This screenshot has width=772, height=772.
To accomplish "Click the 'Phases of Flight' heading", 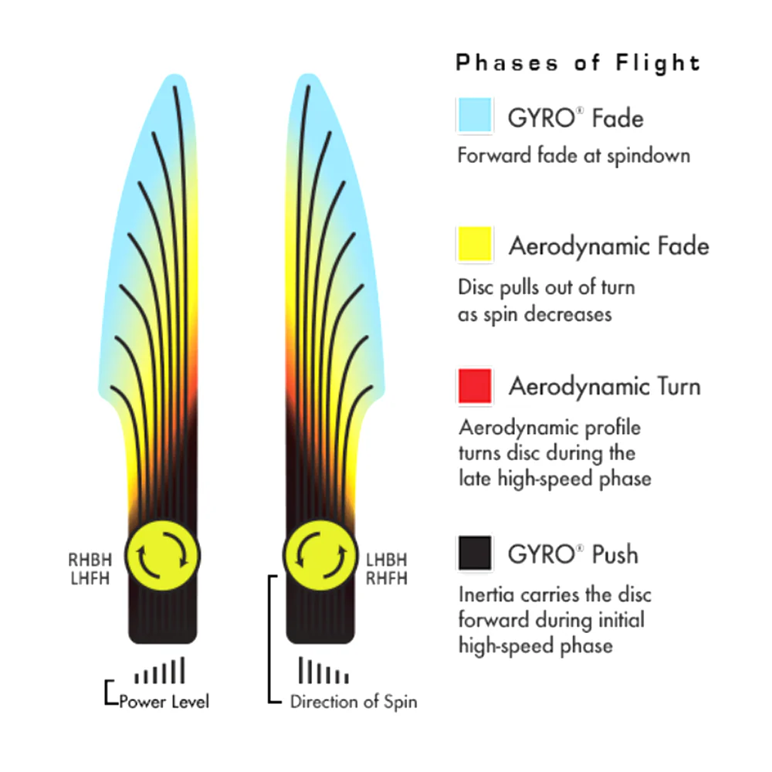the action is (578, 63).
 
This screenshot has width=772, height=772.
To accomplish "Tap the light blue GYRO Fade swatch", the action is (475, 116).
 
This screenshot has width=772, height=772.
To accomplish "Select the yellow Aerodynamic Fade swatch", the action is (475, 244).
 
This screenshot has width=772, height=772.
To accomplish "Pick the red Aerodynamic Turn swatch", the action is (475, 386).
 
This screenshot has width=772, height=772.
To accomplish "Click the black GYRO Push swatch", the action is (475, 553).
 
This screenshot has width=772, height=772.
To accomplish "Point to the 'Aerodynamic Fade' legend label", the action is (609, 245).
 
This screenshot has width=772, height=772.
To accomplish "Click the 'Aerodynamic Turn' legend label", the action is (604, 386).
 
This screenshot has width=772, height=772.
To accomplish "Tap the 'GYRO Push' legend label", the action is (573, 554).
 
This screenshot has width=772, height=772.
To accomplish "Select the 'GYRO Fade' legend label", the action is (576, 118).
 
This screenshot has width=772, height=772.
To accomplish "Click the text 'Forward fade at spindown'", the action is (574, 156).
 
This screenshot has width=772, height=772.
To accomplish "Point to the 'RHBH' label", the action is (90, 560).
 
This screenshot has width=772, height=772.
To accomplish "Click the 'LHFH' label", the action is (90, 578).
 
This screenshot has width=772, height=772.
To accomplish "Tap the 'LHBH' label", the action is (387, 560).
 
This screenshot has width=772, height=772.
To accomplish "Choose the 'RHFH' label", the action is (387, 578).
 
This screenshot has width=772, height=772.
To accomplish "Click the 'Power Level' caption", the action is (164, 702).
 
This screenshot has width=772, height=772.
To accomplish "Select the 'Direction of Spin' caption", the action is (354, 702).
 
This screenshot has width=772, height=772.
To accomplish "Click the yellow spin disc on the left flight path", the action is (162, 555).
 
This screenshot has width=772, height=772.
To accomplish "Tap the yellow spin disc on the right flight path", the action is (320, 555).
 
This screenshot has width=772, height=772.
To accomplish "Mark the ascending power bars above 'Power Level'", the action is (160, 670).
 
